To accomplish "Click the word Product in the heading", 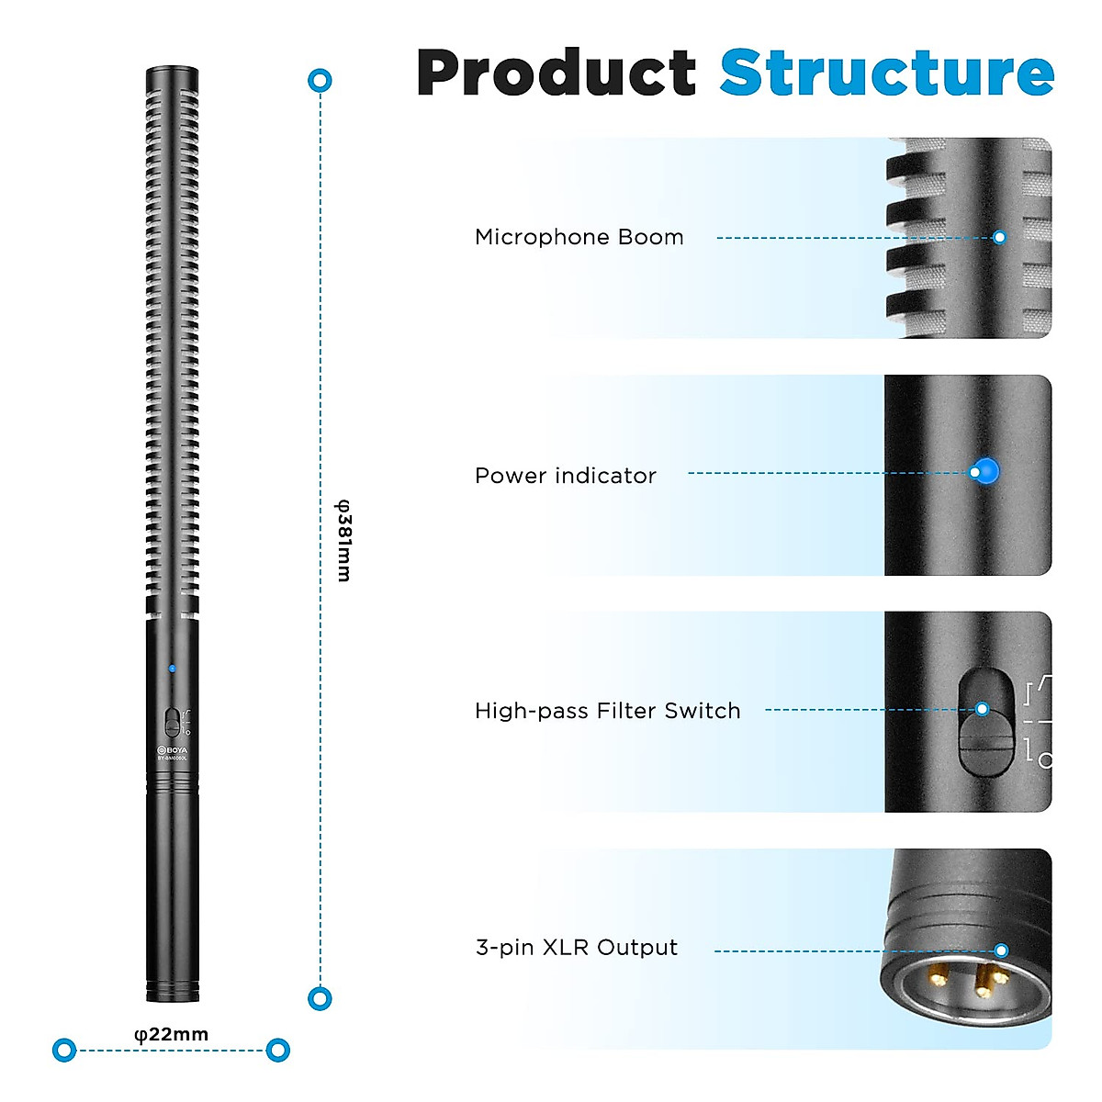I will tap(557, 73).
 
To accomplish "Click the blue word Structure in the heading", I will tap(886, 73).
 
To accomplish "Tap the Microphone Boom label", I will tap(579, 237).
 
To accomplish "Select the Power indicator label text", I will tap(565, 476).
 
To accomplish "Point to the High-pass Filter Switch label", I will tap(607, 711).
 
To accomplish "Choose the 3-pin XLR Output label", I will tap(576, 948).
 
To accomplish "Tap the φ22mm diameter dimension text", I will tap(172, 1034).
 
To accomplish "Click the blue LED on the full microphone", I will tap(172, 668).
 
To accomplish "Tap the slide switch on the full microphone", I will tap(172, 722).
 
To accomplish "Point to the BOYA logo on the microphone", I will tap(172, 749).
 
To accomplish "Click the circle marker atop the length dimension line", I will tap(320, 81).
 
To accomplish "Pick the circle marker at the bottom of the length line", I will tap(320, 998).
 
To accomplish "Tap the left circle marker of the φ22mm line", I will tap(64, 1050).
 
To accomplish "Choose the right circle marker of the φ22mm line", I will tap(277, 1050).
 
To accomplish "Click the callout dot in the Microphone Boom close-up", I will tap(1000, 237).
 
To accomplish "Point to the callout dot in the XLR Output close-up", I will tap(1001, 950).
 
